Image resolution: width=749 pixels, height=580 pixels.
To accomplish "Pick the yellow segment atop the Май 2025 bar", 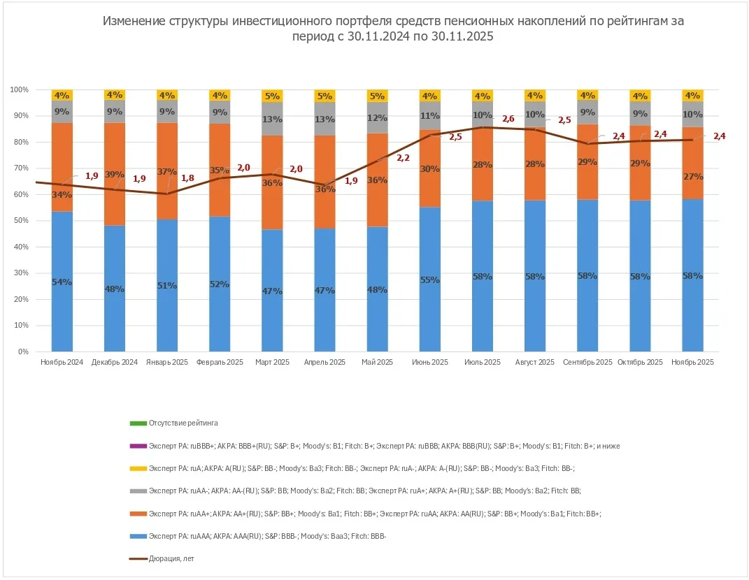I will (x=378, y=96).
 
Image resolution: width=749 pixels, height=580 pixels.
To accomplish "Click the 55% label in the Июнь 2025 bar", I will (x=430, y=280).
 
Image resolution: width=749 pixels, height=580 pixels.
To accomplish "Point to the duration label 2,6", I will (x=508, y=119).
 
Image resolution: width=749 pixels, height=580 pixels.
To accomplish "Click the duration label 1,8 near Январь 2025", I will (x=188, y=178).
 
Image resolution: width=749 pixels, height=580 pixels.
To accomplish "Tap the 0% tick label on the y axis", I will (x=22, y=352).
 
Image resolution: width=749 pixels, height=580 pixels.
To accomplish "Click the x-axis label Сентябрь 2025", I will (x=587, y=363).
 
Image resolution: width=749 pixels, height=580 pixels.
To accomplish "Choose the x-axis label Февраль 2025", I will (x=220, y=363).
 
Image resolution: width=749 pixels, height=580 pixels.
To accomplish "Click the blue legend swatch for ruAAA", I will (x=138, y=536).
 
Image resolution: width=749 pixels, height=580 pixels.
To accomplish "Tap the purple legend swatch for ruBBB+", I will (x=138, y=446).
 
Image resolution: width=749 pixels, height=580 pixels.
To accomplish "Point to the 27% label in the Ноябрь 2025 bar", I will (x=692, y=177).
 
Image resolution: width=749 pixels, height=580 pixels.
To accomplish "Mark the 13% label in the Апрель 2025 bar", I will (x=325, y=119).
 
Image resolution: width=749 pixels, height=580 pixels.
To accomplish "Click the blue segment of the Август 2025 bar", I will (x=535, y=293).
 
